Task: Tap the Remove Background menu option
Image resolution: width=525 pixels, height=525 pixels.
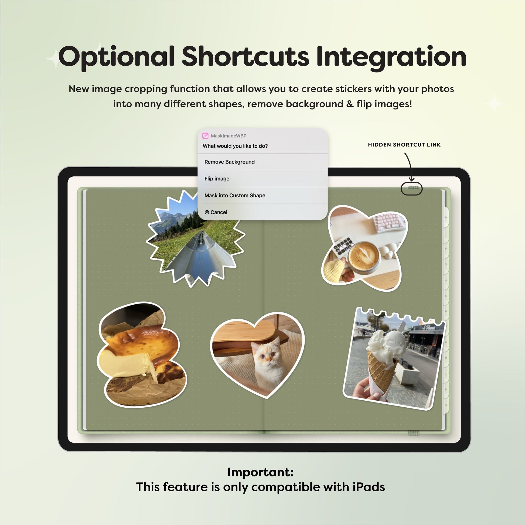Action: pyautogui.click(x=229, y=162)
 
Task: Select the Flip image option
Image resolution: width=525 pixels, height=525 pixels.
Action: pyautogui.click(x=217, y=179)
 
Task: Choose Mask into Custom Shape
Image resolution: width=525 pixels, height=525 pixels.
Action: pyautogui.click(x=235, y=195)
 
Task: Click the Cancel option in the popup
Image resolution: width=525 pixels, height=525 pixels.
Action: pyautogui.click(x=216, y=212)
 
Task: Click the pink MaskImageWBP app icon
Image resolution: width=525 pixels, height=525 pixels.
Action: pyautogui.click(x=205, y=136)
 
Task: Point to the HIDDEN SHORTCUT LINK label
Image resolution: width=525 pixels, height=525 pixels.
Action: pyautogui.click(x=404, y=145)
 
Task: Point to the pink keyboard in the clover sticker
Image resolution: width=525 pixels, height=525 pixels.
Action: pyautogui.click(x=389, y=224)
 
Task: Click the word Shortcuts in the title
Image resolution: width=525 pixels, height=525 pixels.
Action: pyautogui.click(x=245, y=57)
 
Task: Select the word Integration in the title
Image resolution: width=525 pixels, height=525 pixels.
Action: pyautogui.click(x=391, y=58)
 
